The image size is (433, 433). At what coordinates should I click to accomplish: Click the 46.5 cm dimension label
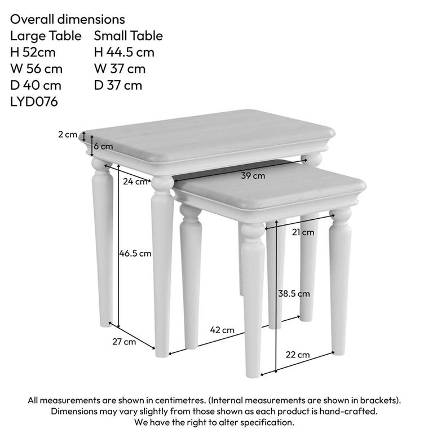click(x=135, y=254)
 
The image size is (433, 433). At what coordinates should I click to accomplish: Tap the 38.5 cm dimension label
click(x=294, y=293)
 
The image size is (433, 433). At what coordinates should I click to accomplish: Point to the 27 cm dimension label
click(x=124, y=342)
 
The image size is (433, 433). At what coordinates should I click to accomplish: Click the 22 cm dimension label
click(x=298, y=355)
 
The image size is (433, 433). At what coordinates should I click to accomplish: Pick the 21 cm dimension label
click(x=303, y=232)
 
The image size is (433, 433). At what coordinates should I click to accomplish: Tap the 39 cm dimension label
click(x=253, y=175)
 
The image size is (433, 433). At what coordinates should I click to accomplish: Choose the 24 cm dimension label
click(x=135, y=182)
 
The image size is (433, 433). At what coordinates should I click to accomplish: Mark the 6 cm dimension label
click(x=103, y=146)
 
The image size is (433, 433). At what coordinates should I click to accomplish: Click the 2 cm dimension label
click(x=67, y=134)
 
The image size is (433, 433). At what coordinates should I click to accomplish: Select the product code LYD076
click(x=34, y=101)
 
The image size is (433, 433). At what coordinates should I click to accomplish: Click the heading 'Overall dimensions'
click(x=68, y=20)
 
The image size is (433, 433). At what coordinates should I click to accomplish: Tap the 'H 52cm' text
click(x=33, y=52)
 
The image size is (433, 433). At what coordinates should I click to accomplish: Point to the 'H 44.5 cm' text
click(x=124, y=52)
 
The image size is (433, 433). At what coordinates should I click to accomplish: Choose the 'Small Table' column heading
click(x=128, y=36)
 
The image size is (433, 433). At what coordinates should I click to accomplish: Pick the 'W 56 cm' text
click(x=36, y=69)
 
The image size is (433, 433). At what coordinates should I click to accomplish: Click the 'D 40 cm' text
click(x=36, y=85)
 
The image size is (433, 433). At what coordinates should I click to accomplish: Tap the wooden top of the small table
click(x=271, y=188)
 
